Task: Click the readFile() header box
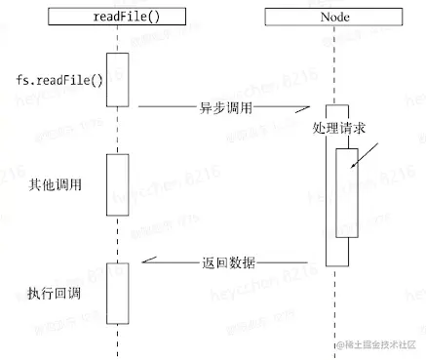(117, 16)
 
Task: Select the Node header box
(336, 16)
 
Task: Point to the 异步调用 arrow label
(225, 106)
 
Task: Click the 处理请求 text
(339, 128)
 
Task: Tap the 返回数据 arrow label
(229, 261)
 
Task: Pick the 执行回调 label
(56, 291)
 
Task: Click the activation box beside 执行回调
(117, 293)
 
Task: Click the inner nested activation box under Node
(346, 192)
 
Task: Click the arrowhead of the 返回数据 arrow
(146, 261)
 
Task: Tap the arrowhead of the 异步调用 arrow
(319, 106)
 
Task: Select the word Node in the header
(336, 16)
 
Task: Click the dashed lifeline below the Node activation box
(336, 302)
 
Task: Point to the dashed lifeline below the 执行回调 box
(117, 340)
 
